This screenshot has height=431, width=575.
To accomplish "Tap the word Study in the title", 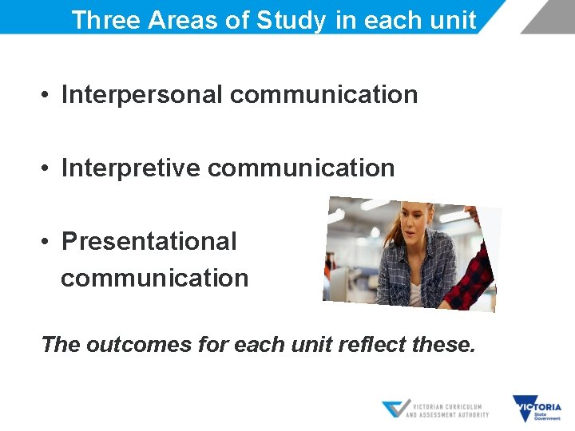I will (291, 20).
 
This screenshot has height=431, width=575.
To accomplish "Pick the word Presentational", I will (149, 241).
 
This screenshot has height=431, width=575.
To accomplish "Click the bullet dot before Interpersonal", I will (49, 95).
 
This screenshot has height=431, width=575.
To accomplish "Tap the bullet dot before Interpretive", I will (49, 168).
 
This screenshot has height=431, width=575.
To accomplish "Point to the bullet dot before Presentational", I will (49, 242).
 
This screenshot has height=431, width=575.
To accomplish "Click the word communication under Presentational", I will (155, 279).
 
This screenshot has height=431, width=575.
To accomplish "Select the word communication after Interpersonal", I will (323, 94).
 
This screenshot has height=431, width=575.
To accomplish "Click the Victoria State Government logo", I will (537, 409).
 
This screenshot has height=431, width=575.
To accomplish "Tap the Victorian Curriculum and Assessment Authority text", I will (447, 409).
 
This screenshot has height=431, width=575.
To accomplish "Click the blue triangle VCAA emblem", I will (396, 409).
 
